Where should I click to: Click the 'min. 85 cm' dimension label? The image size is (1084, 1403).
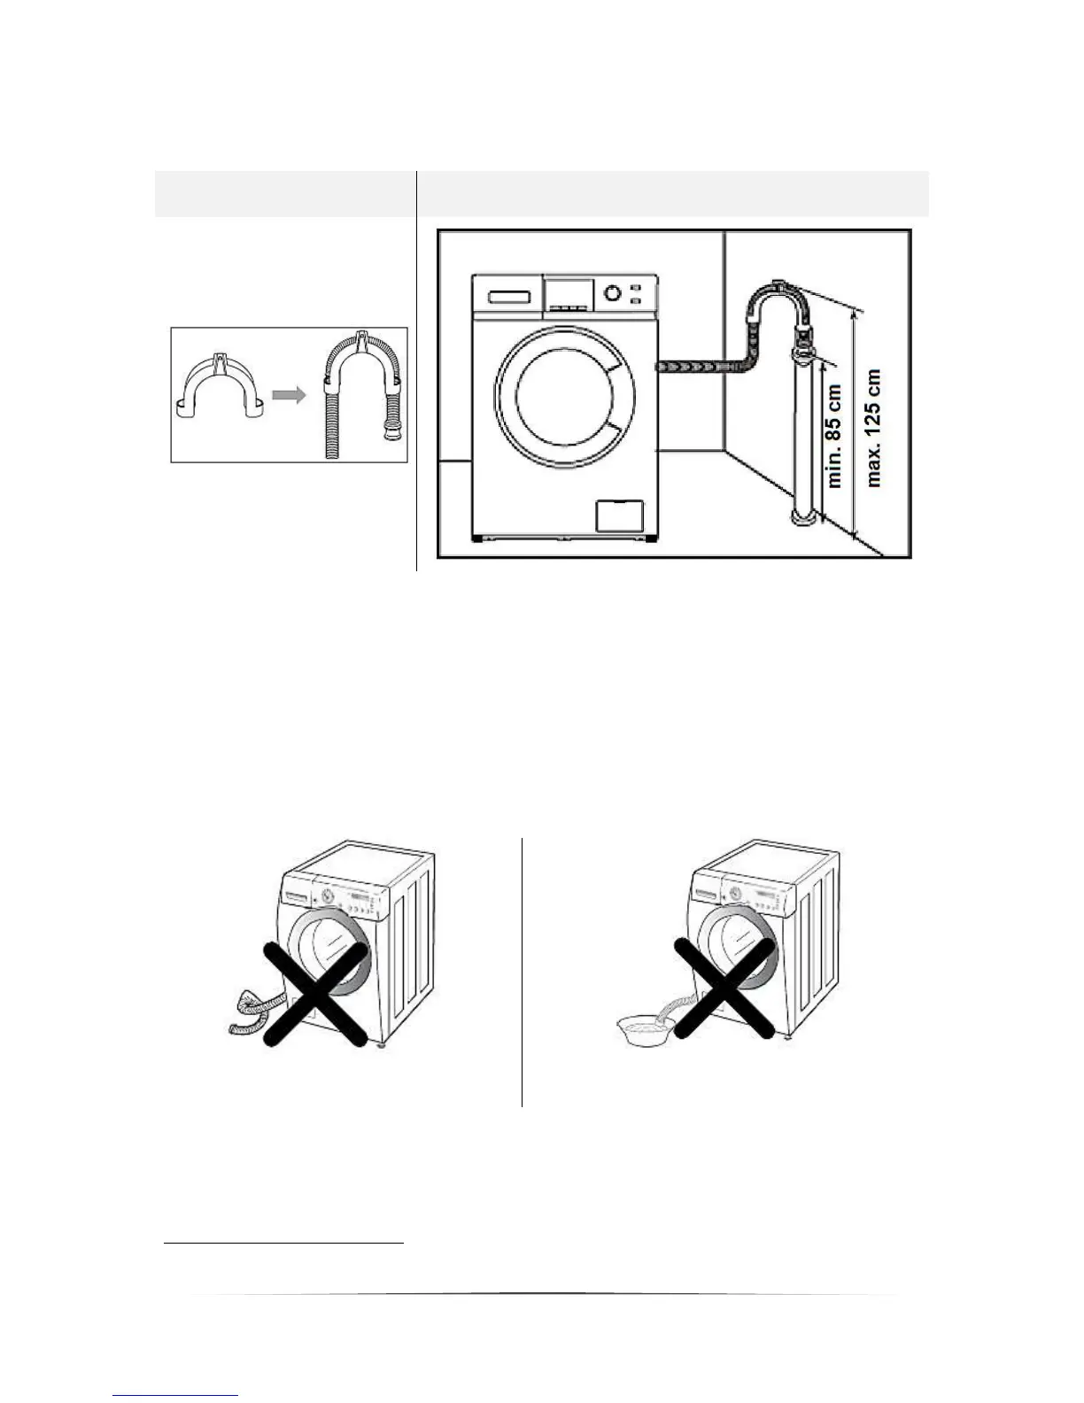tap(834, 428)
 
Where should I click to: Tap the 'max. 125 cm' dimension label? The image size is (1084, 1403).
tap(875, 428)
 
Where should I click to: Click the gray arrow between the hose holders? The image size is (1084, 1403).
tap(288, 394)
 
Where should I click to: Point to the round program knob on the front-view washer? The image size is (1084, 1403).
tap(612, 293)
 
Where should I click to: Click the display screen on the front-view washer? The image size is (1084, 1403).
tap(568, 292)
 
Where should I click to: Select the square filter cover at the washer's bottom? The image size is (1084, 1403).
tap(618, 515)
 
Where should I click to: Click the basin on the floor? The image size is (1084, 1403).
tap(645, 1030)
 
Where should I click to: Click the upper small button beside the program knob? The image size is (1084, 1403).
tap(636, 287)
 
